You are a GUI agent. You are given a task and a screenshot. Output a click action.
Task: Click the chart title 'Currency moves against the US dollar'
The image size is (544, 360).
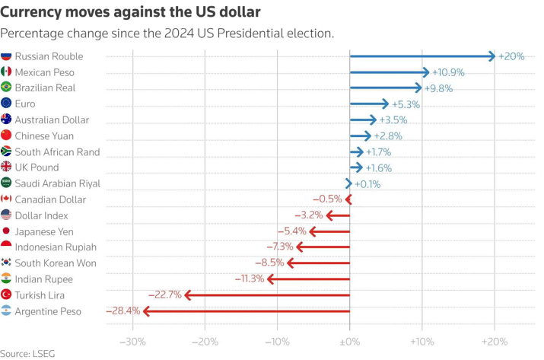131,12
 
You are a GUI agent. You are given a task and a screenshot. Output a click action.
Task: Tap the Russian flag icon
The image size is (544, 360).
7,56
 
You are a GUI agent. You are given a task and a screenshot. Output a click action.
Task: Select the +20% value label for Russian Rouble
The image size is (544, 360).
511,56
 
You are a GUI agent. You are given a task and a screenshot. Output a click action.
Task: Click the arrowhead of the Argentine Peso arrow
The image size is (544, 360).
146,311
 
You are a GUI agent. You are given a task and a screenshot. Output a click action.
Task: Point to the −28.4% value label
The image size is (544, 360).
122,311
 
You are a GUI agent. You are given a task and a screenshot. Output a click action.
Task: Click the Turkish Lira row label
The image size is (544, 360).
40,295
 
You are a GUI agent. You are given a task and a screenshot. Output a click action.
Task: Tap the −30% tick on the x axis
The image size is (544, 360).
133,342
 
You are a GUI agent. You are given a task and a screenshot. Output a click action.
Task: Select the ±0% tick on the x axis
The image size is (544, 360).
350,342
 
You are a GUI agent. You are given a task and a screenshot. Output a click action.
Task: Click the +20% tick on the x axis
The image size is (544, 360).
495,342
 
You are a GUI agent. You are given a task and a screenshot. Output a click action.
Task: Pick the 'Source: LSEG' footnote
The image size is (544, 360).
27,354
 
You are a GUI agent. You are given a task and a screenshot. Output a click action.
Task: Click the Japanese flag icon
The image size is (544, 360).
7,231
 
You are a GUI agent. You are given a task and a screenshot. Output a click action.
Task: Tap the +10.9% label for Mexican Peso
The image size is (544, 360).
448,72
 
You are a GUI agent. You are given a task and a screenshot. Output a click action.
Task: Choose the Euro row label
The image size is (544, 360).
25,104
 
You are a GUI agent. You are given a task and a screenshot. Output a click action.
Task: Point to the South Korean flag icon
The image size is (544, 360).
7,263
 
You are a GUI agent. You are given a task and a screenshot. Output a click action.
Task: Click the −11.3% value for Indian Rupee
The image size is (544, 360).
249,279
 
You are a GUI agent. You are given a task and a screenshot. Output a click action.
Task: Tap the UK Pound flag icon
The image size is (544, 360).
7,167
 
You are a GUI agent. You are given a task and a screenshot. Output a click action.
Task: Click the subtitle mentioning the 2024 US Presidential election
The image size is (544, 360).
167,33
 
